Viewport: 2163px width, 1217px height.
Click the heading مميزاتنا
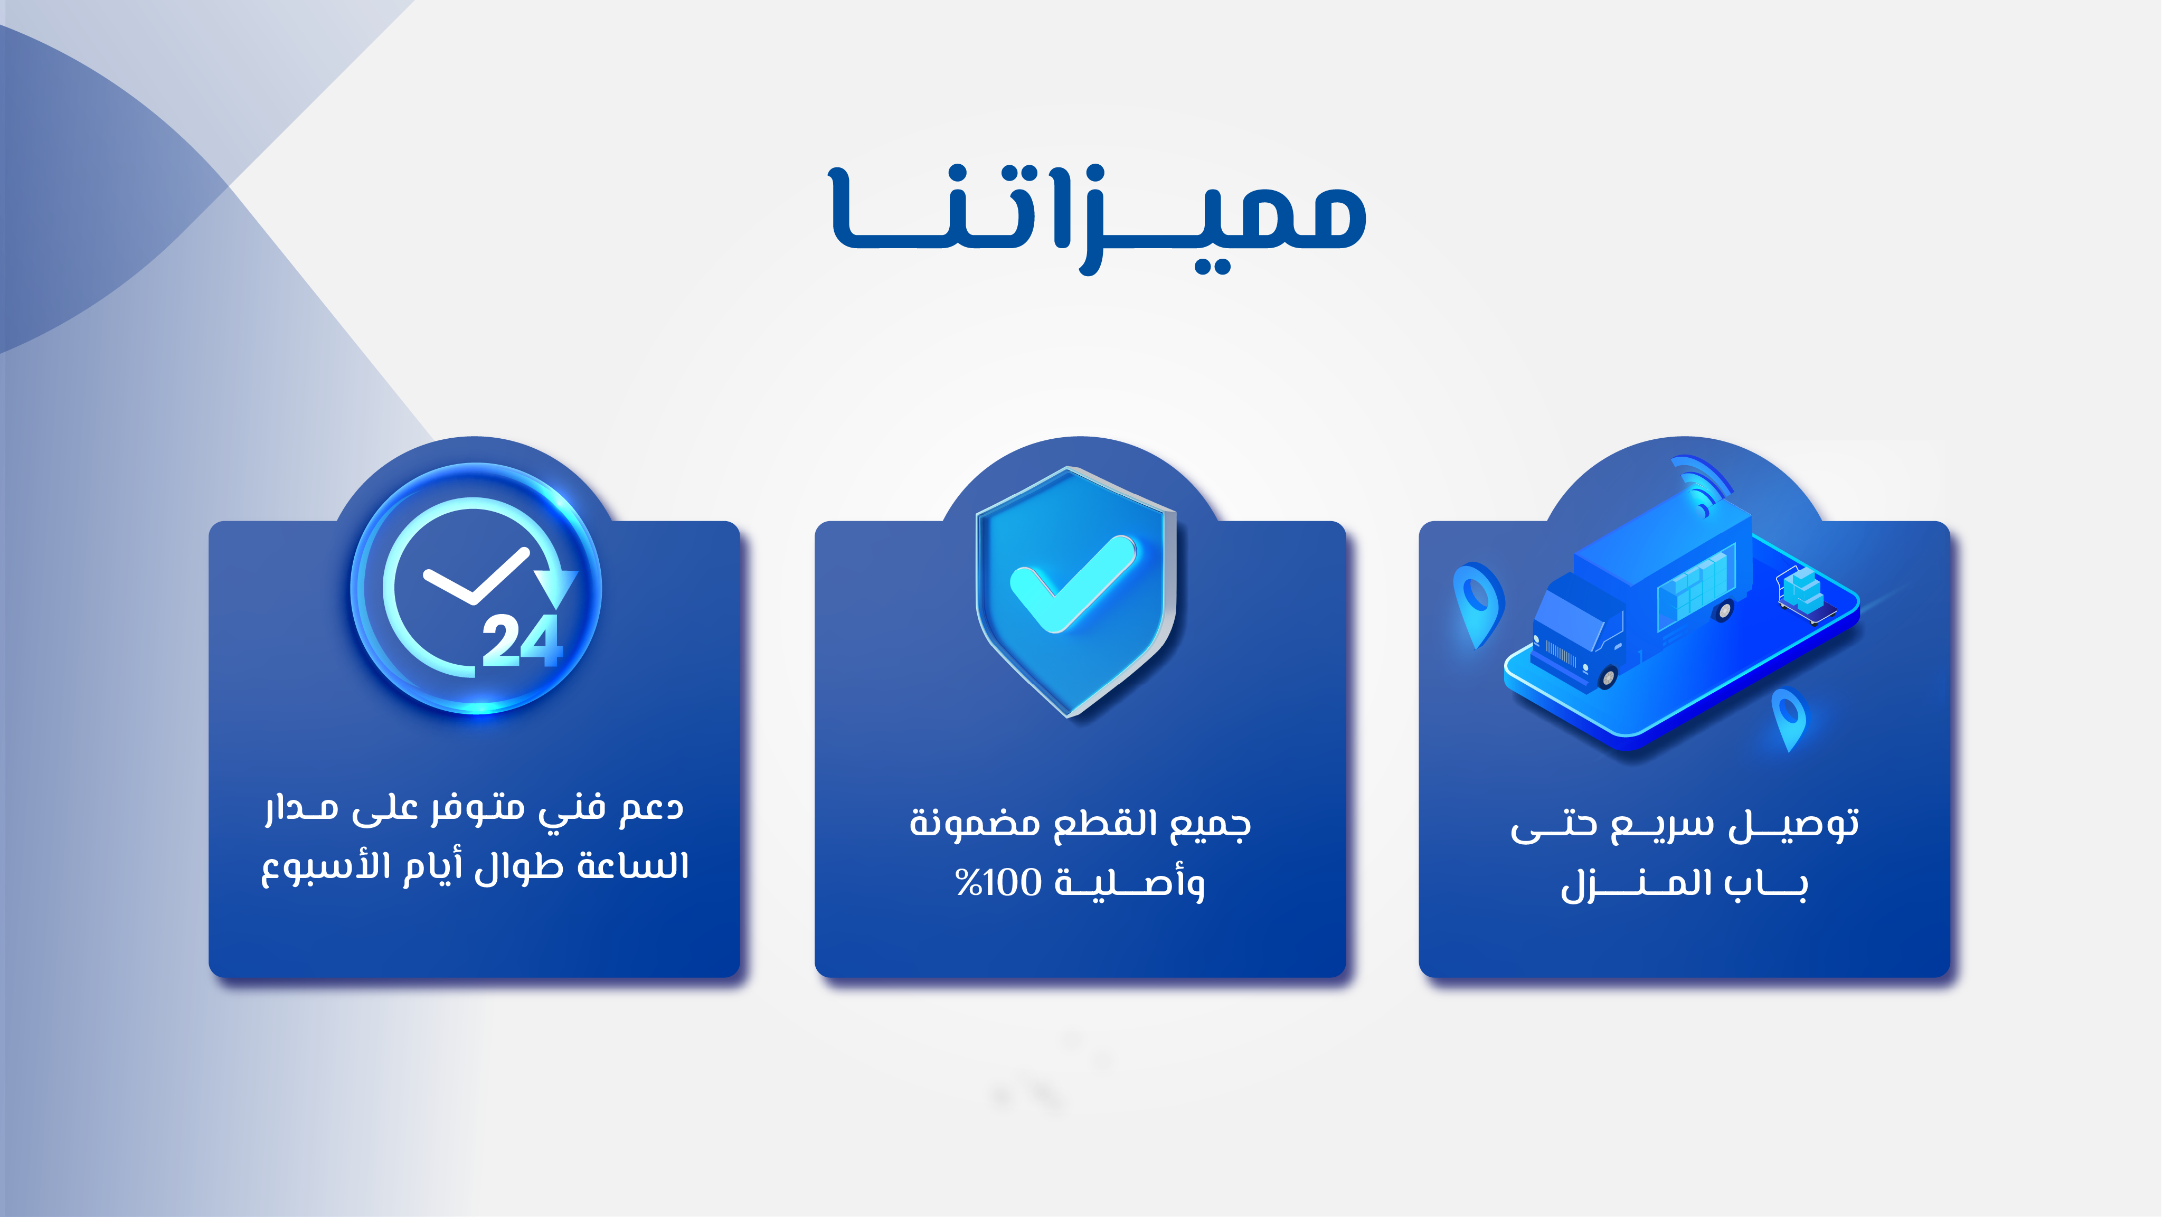1098,220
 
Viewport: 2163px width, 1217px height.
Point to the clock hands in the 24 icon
475,577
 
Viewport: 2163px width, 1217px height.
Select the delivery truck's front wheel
1607,675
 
